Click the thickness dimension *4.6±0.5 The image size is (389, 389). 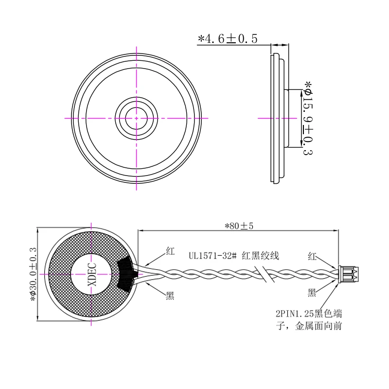(x=228, y=39)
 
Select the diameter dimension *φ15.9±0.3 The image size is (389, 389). (x=308, y=118)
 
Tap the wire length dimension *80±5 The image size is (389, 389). (x=239, y=226)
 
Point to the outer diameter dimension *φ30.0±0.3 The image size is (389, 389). (x=33, y=274)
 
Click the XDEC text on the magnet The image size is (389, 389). (x=92, y=274)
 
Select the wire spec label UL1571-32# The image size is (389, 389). (x=212, y=256)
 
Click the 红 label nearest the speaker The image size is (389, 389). (x=170, y=251)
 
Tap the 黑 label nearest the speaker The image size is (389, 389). (x=170, y=295)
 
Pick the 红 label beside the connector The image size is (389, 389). (x=312, y=256)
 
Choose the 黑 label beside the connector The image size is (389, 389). (x=312, y=293)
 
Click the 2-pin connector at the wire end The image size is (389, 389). (x=348, y=274)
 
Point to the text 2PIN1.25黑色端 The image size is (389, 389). (x=309, y=314)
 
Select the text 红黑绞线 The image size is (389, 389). (x=261, y=256)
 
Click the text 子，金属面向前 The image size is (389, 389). (x=309, y=326)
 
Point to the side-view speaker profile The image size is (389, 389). (x=279, y=118)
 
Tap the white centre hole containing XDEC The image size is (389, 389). (x=91, y=274)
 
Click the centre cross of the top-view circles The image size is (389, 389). (x=136, y=118)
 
